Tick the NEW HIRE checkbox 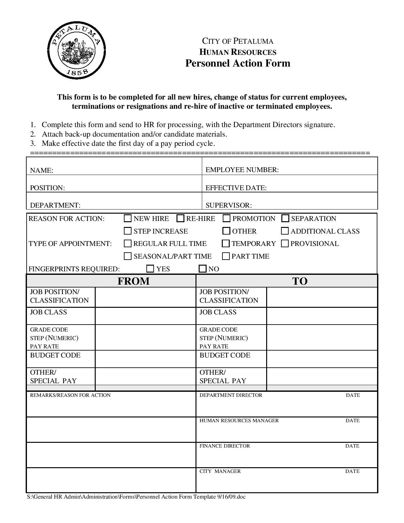coord(128,218)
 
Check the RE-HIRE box coord(180,218)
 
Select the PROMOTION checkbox coord(227,218)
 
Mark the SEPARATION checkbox coord(285,218)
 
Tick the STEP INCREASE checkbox coord(128,231)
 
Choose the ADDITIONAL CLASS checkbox coord(285,231)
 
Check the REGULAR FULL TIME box coord(128,243)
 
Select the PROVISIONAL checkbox coord(285,243)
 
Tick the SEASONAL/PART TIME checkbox coord(128,256)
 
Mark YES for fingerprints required coord(150,269)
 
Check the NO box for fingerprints coord(202,269)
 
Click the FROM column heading coord(133,281)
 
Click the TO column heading coord(299,281)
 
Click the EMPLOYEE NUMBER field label coord(242,170)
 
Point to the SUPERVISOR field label coord(228,205)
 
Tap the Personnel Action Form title coord(238,63)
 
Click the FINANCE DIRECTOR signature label coord(225,446)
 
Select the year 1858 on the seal coord(78,72)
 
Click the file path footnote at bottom coord(136,497)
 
